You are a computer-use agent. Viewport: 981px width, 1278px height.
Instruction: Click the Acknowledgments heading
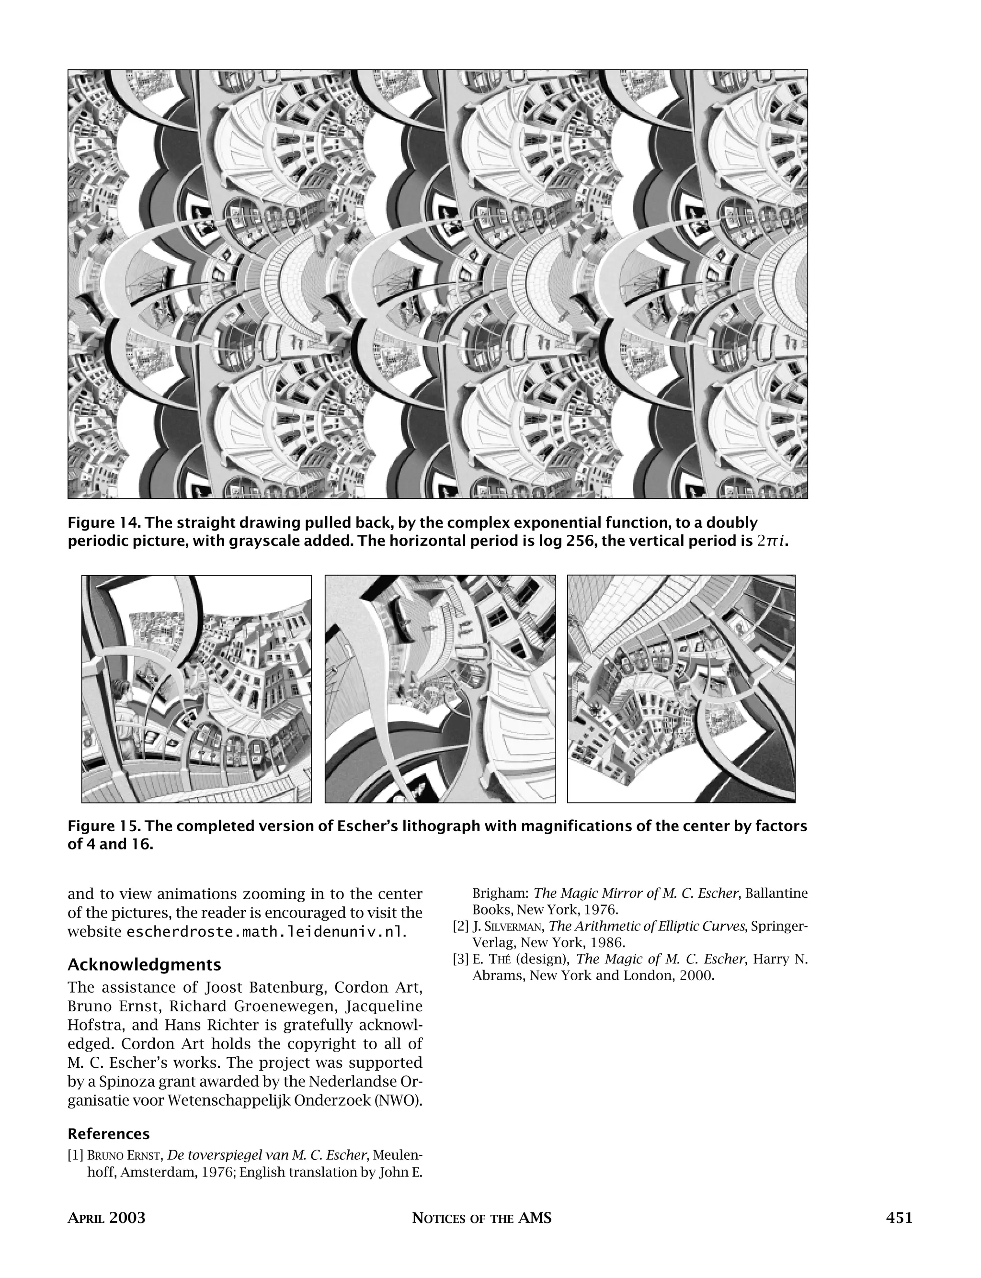(x=144, y=965)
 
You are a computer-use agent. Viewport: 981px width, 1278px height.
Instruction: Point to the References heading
(x=109, y=1134)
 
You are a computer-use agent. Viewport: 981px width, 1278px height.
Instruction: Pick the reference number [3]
(x=461, y=960)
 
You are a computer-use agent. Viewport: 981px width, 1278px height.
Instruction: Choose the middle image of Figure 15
(x=440, y=689)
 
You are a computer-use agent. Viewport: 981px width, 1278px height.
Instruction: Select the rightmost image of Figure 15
(x=681, y=689)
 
